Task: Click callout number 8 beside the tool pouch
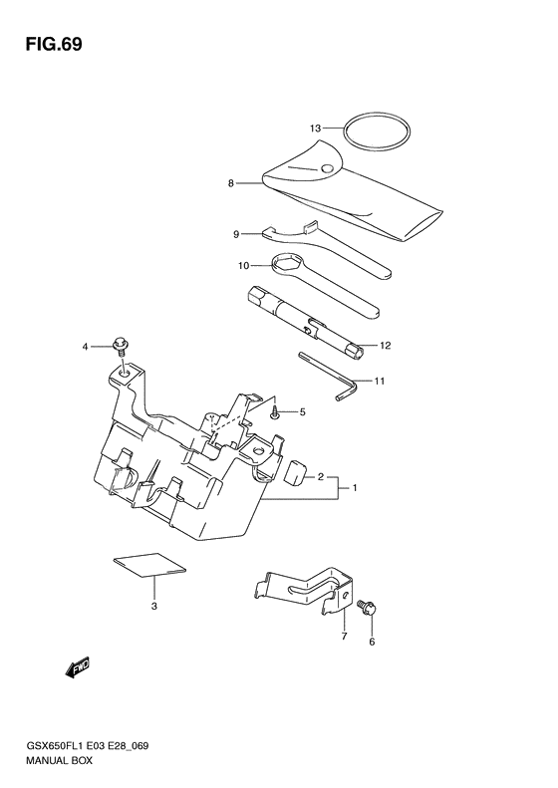point(230,183)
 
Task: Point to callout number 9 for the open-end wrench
point(236,234)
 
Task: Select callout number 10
point(242,266)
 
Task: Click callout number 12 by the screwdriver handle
point(385,346)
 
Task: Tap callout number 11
point(379,381)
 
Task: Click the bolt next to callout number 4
point(121,345)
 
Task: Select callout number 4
point(86,347)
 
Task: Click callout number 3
point(153,606)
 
